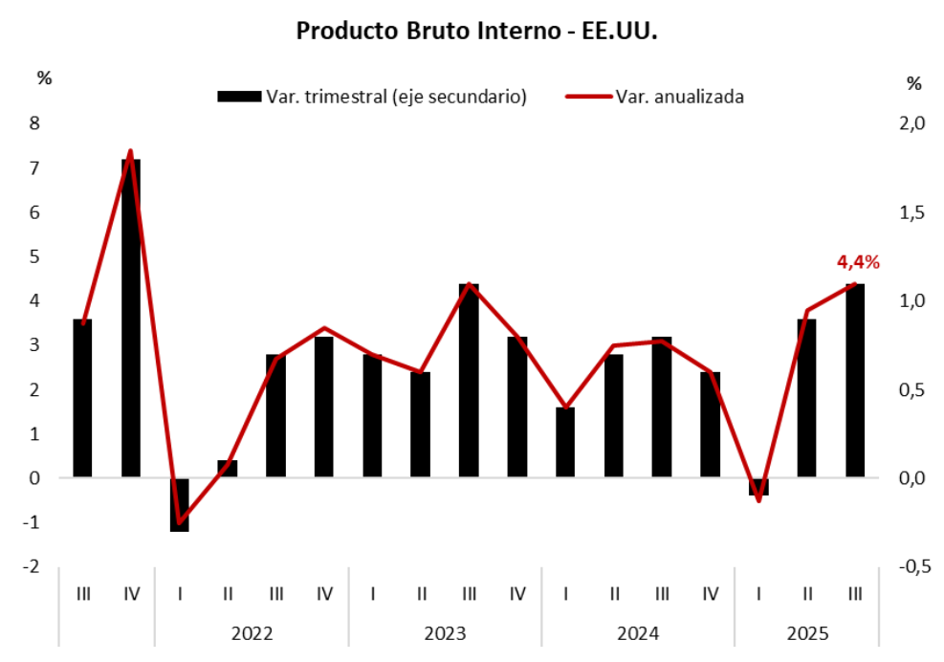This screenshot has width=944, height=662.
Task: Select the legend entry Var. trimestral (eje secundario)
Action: pyautogui.click(x=372, y=97)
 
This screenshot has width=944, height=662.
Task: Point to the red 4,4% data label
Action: pyautogui.click(x=858, y=262)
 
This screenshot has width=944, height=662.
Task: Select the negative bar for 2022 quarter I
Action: pyautogui.click(x=180, y=504)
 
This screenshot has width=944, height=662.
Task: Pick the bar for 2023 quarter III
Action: pyautogui.click(x=469, y=380)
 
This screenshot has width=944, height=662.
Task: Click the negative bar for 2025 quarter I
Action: pyautogui.click(x=758, y=487)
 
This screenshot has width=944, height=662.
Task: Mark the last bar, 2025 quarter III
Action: pyautogui.click(x=855, y=380)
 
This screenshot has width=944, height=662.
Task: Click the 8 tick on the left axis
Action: pyautogui.click(x=35, y=123)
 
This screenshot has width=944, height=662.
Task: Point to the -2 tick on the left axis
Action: pyautogui.click(x=33, y=567)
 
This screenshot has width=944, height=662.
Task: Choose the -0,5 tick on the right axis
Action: pyautogui.click(x=914, y=567)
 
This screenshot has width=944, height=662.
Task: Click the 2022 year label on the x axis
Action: pyautogui.click(x=252, y=633)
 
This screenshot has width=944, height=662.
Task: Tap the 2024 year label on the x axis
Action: pyautogui.click(x=638, y=633)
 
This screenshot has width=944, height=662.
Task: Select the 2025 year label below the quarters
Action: pyautogui.click(x=807, y=633)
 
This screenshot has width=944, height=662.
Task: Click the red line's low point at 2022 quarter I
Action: pyautogui.click(x=180, y=522)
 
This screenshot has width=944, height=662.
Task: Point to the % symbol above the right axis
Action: pyautogui.click(x=913, y=84)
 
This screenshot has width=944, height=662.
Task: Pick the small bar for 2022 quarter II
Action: pyautogui.click(x=228, y=469)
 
